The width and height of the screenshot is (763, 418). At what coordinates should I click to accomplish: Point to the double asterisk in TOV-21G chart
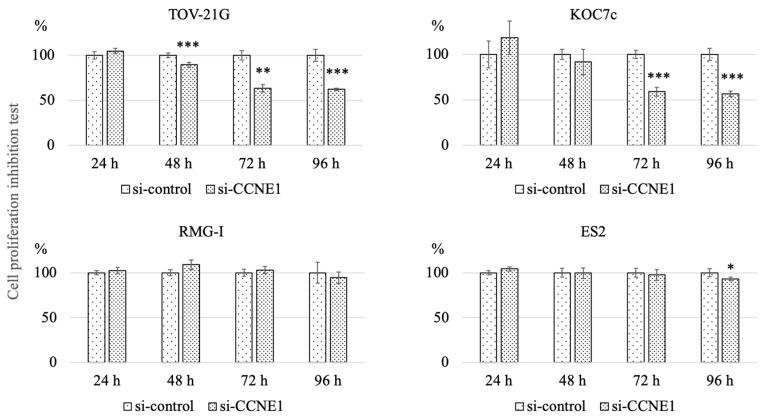[262, 73]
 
